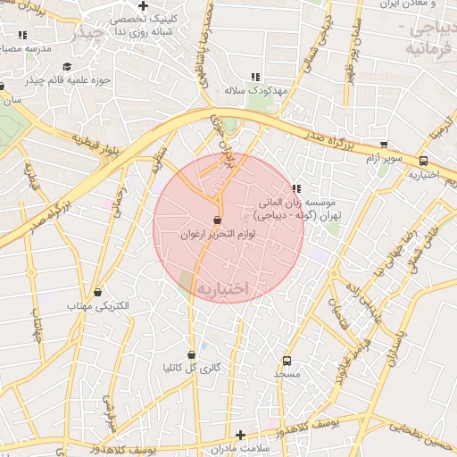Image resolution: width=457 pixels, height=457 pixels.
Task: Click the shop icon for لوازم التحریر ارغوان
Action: [218, 220]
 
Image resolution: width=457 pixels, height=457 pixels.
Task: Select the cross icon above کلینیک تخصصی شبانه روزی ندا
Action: [143, 5]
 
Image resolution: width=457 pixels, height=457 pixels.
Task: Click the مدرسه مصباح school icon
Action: [22, 35]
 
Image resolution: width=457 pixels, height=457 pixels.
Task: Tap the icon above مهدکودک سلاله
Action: [255, 77]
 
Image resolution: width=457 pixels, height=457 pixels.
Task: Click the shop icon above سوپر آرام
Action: [384, 145]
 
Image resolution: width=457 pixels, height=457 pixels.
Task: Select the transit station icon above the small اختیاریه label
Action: [423, 162]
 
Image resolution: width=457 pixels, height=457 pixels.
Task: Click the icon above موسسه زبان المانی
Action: [296, 188]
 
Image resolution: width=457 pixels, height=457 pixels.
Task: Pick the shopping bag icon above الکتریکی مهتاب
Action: [97, 292]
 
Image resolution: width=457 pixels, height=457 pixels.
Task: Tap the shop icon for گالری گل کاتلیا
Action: [191, 354]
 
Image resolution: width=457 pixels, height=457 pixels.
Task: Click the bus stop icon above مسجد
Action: [287, 361]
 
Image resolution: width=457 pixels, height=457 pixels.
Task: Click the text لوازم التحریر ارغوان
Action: [219, 234]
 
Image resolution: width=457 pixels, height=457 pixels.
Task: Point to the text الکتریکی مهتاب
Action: [98, 306]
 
